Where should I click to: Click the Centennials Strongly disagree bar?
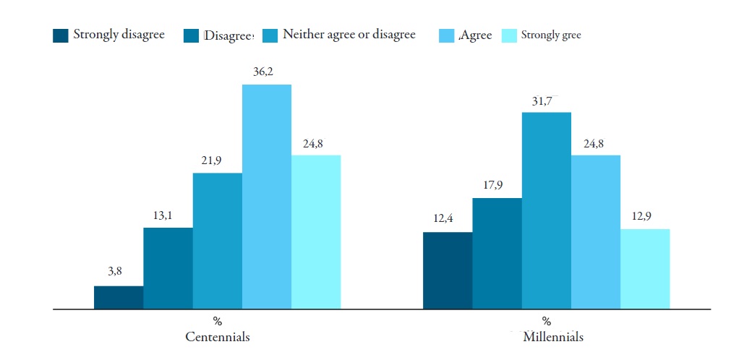tap(119, 297)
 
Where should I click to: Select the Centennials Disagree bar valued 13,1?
tap(168, 268)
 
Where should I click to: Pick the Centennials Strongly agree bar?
tap(316, 232)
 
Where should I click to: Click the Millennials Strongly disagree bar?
tap(448, 270)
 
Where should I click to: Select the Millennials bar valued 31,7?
tap(547, 210)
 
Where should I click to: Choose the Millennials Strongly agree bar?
tap(645, 269)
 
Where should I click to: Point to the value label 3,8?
tap(116, 272)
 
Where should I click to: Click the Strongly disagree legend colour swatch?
tap(61, 35)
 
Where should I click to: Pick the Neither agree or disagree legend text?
tap(349, 35)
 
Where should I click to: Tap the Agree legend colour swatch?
tap(447, 35)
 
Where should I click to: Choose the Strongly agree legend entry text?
tap(551, 35)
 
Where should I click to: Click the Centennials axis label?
tap(218, 337)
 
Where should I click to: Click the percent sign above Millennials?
tap(547, 322)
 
